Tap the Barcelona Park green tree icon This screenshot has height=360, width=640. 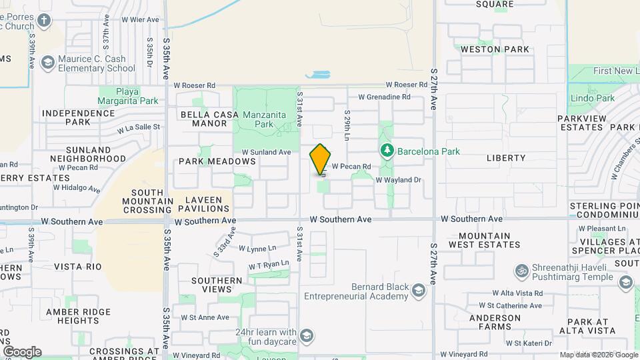click(386, 151)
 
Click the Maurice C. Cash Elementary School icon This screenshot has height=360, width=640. click(47, 63)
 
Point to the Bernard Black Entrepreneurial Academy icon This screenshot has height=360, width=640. click(418, 291)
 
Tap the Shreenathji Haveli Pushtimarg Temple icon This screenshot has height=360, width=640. click(520, 271)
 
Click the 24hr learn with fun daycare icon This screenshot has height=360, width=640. click(307, 334)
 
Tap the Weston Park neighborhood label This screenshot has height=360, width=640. click(495, 49)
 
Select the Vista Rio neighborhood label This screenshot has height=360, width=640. click(78, 267)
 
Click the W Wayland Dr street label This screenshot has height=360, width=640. click(399, 180)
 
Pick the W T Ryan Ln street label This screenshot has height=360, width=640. click(269, 265)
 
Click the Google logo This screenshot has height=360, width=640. click(21, 352)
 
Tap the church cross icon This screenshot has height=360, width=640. click(45, 20)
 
